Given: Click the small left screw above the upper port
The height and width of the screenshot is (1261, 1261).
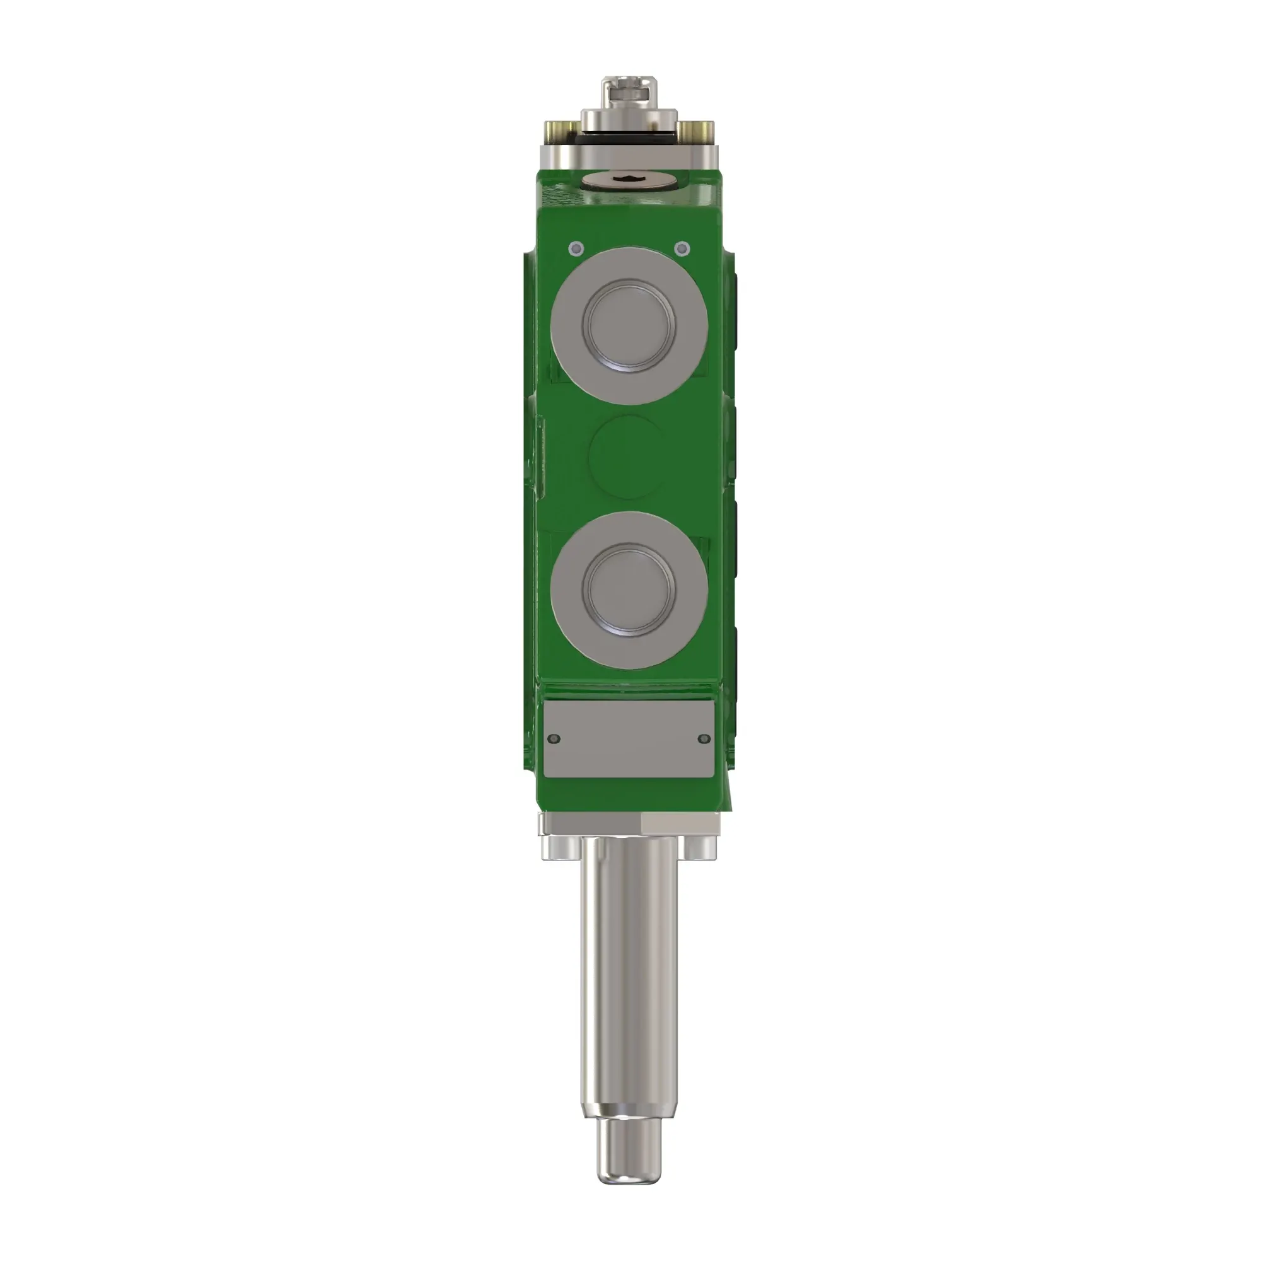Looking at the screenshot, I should click(x=576, y=248).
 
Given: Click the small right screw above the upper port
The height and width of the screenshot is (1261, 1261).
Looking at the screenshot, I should click(x=682, y=248).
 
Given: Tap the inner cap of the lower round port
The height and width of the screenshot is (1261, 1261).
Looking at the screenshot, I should click(x=629, y=590).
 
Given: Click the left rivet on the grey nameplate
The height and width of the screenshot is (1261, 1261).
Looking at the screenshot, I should click(x=555, y=739).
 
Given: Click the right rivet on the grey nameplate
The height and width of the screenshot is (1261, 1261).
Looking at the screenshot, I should click(x=703, y=739).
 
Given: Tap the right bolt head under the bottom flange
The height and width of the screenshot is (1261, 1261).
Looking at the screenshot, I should click(x=700, y=848).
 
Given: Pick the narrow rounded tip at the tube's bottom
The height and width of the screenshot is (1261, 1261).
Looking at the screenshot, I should click(x=629, y=1153).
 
